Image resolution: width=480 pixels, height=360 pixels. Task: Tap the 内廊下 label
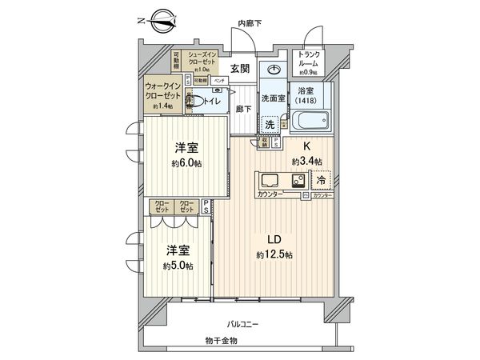pos(252,24)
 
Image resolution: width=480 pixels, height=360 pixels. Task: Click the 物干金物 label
pos(221,340)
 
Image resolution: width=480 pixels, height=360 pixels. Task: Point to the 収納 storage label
pos(264,142)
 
